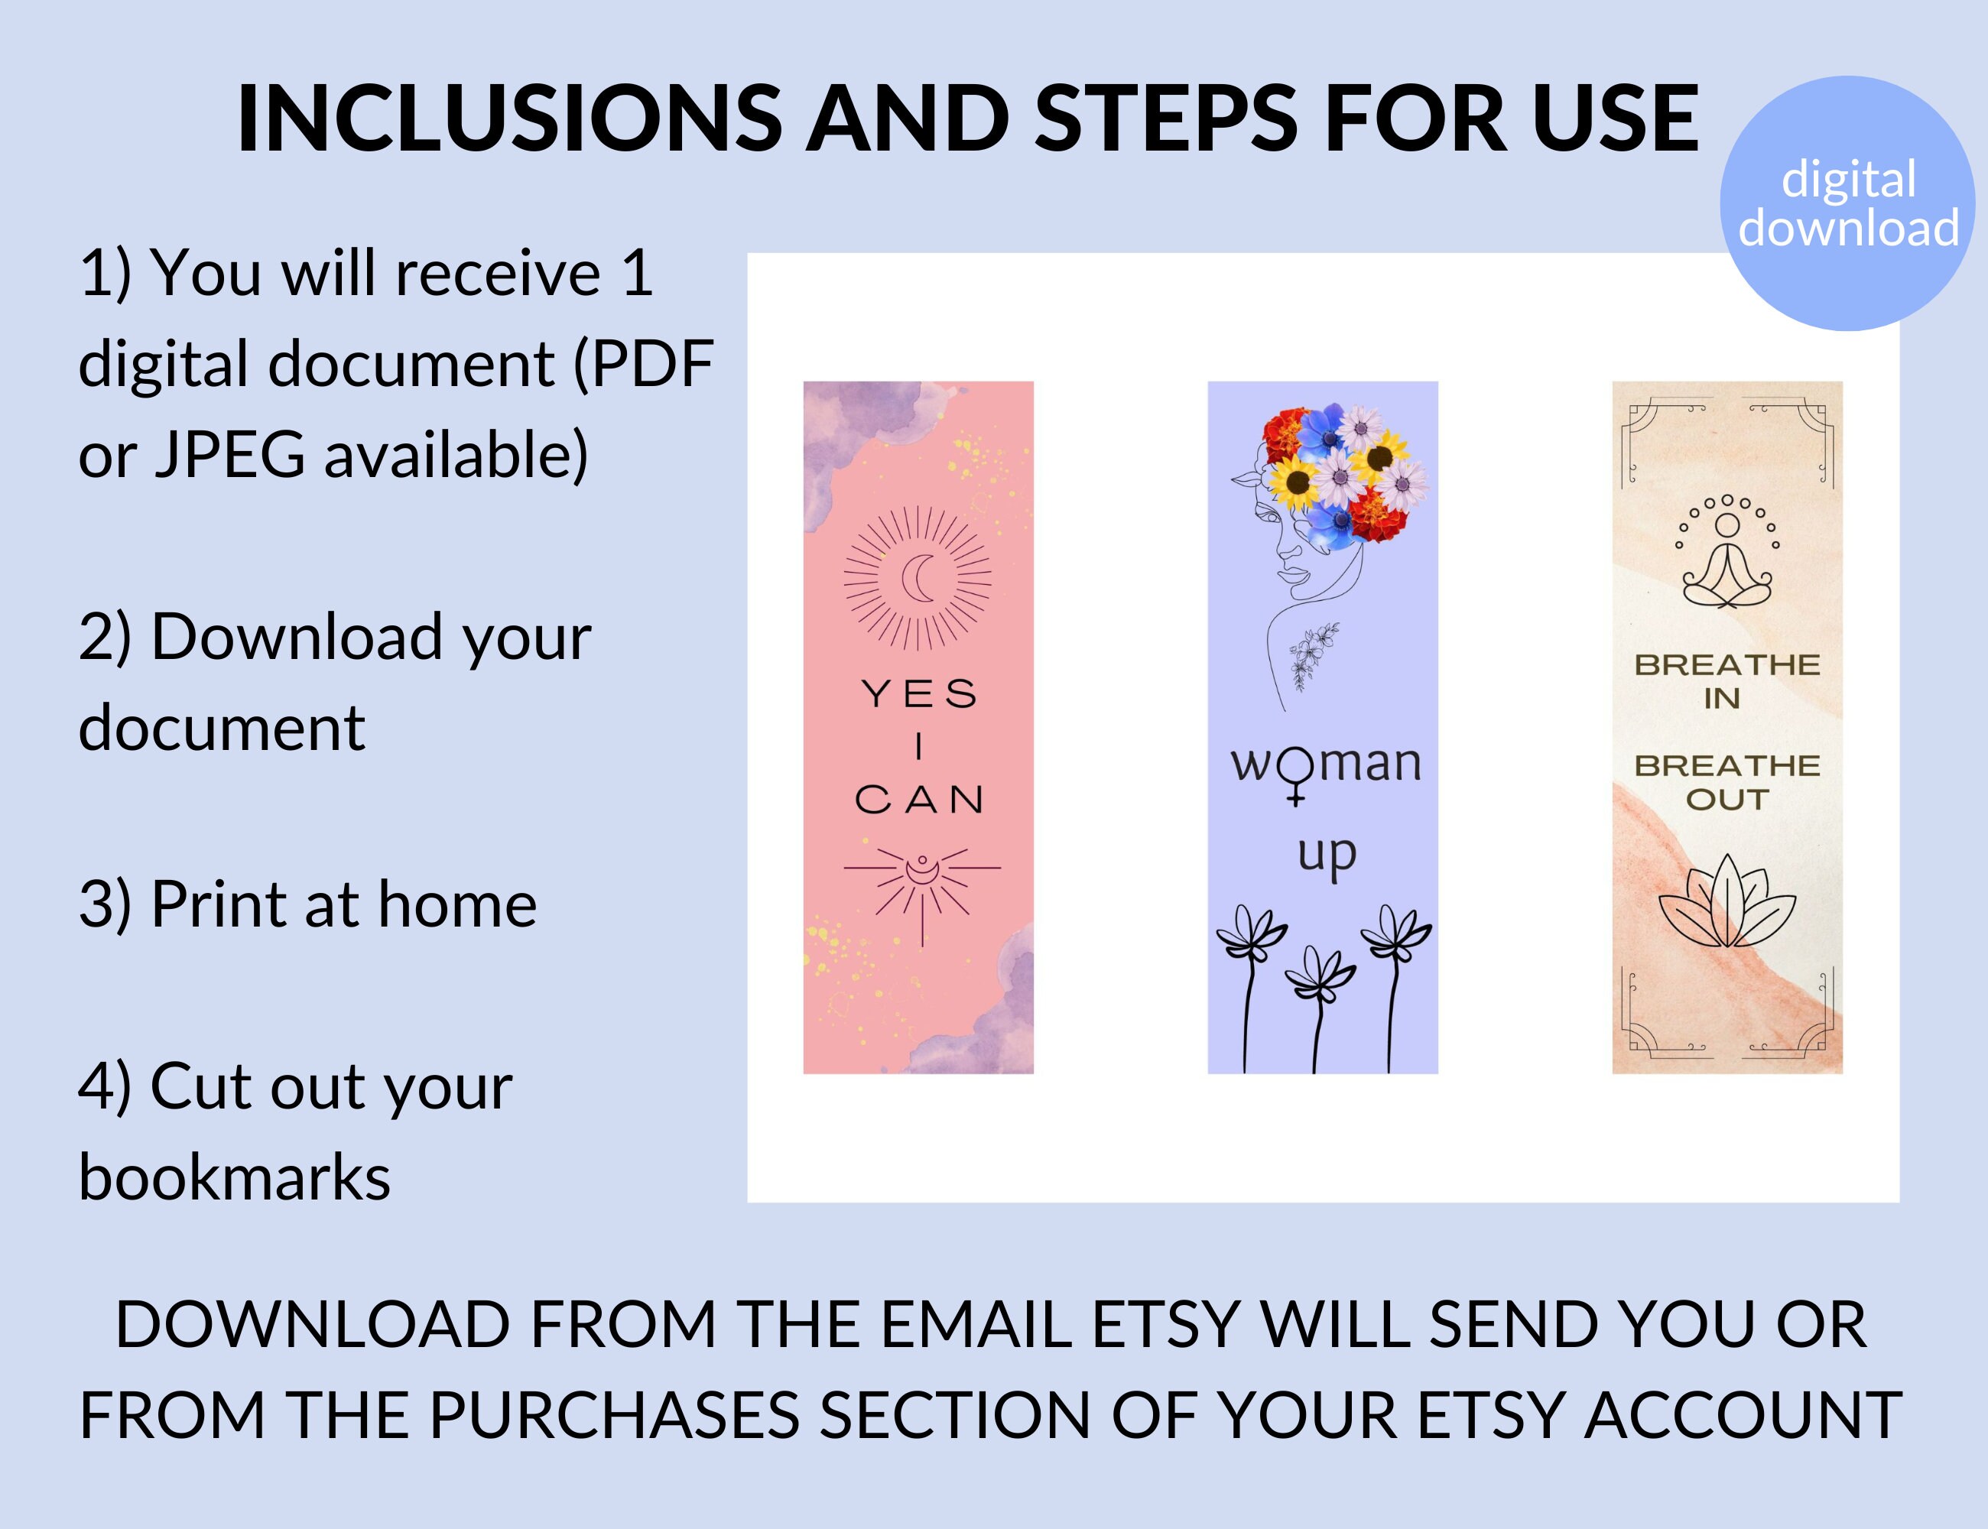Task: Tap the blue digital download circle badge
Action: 1848,203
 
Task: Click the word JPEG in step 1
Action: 229,455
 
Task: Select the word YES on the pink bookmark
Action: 919,694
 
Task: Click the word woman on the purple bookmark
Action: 1325,764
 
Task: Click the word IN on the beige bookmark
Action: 1722,699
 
